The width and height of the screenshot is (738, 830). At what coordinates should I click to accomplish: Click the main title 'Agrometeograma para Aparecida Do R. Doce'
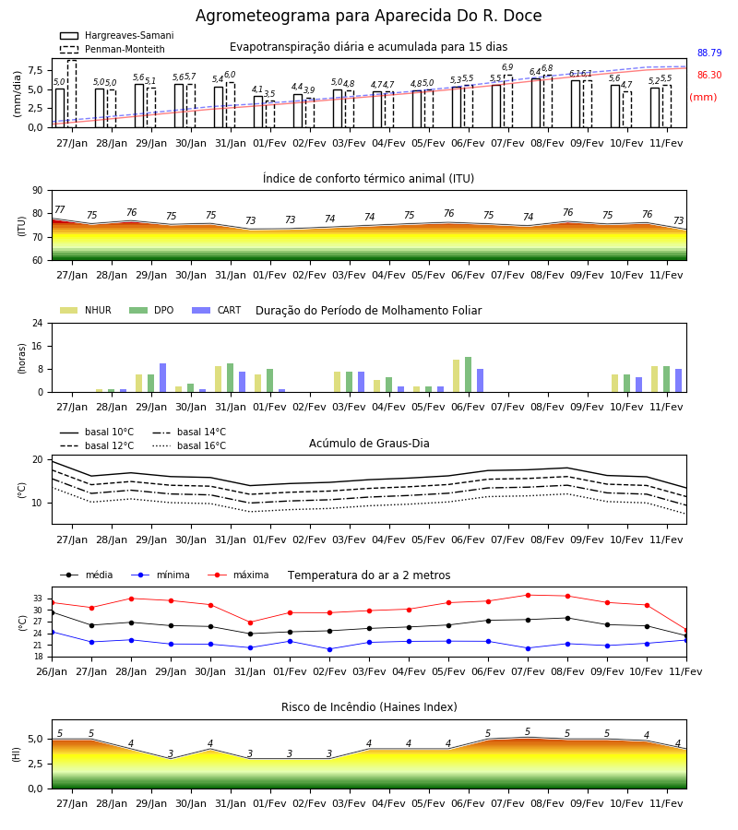pos(368,16)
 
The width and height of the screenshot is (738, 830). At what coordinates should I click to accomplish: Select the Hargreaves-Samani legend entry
pos(117,35)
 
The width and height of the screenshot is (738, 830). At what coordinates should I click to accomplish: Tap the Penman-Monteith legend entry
pos(113,49)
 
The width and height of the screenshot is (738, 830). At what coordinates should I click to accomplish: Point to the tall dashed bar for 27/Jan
pos(72,94)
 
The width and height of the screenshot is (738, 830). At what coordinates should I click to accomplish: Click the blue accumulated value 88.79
pos(709,53)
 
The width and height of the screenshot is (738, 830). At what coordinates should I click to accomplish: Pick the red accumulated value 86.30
pos(709,76)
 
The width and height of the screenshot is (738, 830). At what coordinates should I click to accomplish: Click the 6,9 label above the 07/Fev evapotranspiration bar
pos(507,67)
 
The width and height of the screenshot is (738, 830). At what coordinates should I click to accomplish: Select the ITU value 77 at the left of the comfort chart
pos(60,209)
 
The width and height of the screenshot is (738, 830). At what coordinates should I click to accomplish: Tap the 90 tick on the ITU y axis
pos(38,191)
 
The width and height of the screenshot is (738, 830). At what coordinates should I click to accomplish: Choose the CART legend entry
pos(217,310)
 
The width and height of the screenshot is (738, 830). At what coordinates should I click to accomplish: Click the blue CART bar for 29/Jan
pos(162,378)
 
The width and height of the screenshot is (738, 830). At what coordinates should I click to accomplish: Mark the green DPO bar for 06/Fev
pos(468,374)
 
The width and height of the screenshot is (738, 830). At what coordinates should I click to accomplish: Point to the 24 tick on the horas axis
pos(38,323)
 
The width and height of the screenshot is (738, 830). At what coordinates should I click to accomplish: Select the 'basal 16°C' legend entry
pos(189,445)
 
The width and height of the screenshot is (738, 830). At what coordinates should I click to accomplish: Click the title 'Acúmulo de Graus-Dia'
pos(369,444)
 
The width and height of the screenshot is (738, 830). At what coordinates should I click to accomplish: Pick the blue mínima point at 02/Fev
pos(330,649)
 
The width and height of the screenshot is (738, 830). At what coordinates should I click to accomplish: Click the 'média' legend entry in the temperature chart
pos(87,575)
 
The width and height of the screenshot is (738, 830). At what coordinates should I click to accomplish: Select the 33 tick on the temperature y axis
pos(38,599)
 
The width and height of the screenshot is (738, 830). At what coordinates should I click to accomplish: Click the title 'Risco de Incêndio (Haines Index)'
pos(369,707)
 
